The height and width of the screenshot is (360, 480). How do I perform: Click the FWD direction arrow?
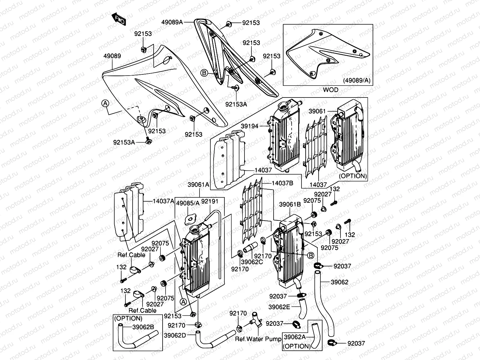coord(119,19)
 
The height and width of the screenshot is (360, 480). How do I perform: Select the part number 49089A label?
coord(172,22)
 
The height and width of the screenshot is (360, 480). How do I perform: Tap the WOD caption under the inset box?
coord(330,90)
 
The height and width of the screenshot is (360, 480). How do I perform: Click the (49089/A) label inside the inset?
coord(357,80)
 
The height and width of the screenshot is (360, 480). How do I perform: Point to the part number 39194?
coord(250,126)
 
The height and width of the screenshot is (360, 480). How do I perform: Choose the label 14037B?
coord(283,183)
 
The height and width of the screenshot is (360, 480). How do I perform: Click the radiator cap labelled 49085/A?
coord(190,219)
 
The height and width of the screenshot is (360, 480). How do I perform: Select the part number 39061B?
coord(290,204)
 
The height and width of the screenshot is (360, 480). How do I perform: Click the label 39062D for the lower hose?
coord(175,335)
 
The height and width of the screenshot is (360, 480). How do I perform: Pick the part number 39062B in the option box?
coord(143,327)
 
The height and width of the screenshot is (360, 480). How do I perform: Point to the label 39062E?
coord(279,307)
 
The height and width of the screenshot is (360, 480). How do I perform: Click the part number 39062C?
coord(252,262)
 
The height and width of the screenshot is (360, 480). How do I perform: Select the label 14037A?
coord(163,201)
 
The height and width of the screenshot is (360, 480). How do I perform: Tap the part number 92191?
coord(210,201)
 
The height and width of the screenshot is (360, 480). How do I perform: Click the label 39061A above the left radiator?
coord(198,185)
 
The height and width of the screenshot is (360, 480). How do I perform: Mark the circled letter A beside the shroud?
coord(105,103)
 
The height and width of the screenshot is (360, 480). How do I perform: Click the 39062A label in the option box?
coord(295,337)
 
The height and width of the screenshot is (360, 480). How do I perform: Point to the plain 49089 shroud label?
coord(112,56)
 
